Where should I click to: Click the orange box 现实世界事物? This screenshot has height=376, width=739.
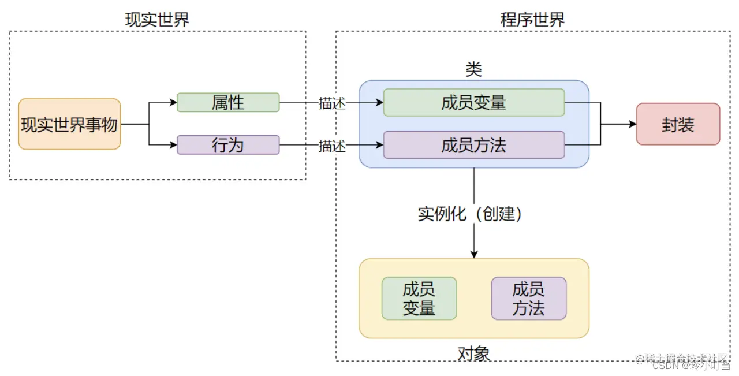pyautogui.click(x=69, y=124)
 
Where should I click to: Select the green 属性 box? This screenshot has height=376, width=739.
pyautogui.click(x=228, y=102)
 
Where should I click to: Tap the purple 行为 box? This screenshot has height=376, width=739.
pyautogui.click(x=228, y=144)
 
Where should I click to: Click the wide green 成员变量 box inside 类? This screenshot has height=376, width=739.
pyautogui.click(x=473, y=102)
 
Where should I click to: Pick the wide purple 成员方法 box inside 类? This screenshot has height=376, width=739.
pyautogui.click(x=473, y=144)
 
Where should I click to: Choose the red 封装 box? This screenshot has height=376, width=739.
pyautogui.click(x=678, y=124)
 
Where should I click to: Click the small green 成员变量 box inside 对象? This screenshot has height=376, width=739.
pyautogui.click(x=419, y=298)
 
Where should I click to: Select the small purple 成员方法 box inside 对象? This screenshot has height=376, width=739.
pyautogui.click(x=528, y=298)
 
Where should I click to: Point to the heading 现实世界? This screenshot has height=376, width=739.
pyautogui.click(x=157, y=19)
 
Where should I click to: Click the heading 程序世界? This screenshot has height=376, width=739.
pyautogui.click(x=532, y=19)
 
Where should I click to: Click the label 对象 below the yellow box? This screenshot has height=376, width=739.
pyautogui.click(x=473, y=353)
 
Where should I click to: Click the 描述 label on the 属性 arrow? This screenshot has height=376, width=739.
pyautogui.click(x=332, y=103)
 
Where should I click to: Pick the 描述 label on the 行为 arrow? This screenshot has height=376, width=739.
pyautogui.click(x=332, y=146)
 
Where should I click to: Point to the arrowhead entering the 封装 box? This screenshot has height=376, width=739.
pyautogui.click(x=633, y=124)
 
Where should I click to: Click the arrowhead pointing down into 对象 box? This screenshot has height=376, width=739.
pyautogui.click(x=474, y=254)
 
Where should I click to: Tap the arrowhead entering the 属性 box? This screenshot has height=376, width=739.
pyautogui.click(x=173, y=102)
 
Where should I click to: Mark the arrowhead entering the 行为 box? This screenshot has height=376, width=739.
pyautogui.click(x=173, y=144)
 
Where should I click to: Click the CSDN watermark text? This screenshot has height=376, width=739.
pyautogui.click(x=664, y=365)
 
